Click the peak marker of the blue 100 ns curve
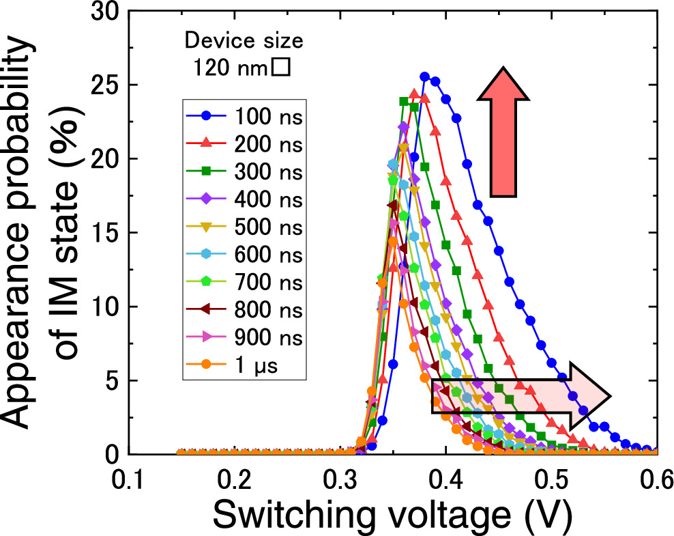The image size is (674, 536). tap(424, 77)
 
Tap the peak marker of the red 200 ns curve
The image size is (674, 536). tap(414, 93)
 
